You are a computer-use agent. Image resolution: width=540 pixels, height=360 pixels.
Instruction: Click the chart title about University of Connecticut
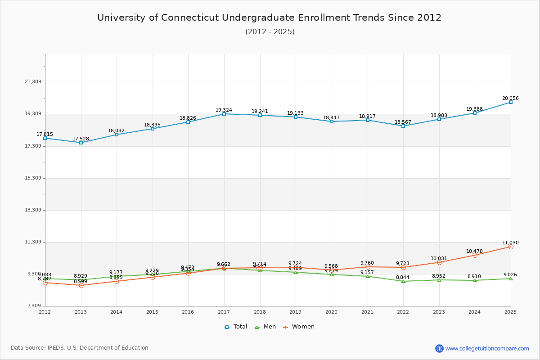[269, 18]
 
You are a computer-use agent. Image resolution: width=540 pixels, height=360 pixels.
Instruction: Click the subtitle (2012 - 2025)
[270, 32]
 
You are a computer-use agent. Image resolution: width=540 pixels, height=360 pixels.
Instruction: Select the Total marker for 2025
[511, 102]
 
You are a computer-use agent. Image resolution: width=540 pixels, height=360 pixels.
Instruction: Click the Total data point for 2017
[224, 114]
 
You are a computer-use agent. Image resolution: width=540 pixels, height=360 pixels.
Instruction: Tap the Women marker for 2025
[511, 247]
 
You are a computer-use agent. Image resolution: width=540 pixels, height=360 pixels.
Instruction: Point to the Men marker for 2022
[403, 281]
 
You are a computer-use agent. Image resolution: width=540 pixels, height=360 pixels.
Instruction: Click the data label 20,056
[510, 98]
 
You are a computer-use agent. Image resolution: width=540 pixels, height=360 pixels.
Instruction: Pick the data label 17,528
[81, 139]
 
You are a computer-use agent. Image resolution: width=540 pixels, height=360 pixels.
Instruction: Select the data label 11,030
[510, 243]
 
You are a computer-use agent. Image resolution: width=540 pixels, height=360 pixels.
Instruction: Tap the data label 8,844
[403, 277]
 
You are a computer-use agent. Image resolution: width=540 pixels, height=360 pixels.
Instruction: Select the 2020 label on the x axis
[331, 312]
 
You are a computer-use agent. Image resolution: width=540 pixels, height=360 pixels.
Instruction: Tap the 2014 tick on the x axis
[117, 312]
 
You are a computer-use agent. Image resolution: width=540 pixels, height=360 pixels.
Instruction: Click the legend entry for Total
[236, 327]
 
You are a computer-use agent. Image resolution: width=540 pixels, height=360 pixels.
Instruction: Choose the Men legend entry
[266, 327]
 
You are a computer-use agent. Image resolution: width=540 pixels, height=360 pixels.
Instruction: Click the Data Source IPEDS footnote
[80, 348]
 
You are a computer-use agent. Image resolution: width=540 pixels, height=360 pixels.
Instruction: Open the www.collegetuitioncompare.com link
[487, 348]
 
